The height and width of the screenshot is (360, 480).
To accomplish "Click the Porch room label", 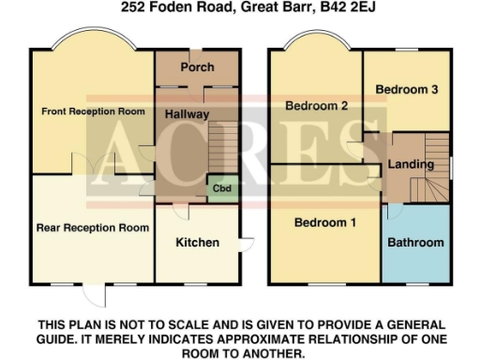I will click(x=197, y=67).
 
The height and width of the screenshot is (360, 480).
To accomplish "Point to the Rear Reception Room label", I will click(x=93, y=227).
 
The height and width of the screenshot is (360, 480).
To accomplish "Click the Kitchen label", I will click(x=198, y=242).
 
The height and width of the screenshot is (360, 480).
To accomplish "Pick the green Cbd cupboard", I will click(x=222, y=187).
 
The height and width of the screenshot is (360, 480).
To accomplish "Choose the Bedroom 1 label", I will click(x=325, y=223).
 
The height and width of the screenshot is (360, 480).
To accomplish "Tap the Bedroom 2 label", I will click(x=318, y=106).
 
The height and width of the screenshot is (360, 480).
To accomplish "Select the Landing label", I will click(x=410, y=165).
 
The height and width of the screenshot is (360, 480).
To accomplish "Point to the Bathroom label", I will click(x=416, y=243).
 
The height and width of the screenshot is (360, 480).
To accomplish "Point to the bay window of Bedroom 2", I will click(x=315, y=44).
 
